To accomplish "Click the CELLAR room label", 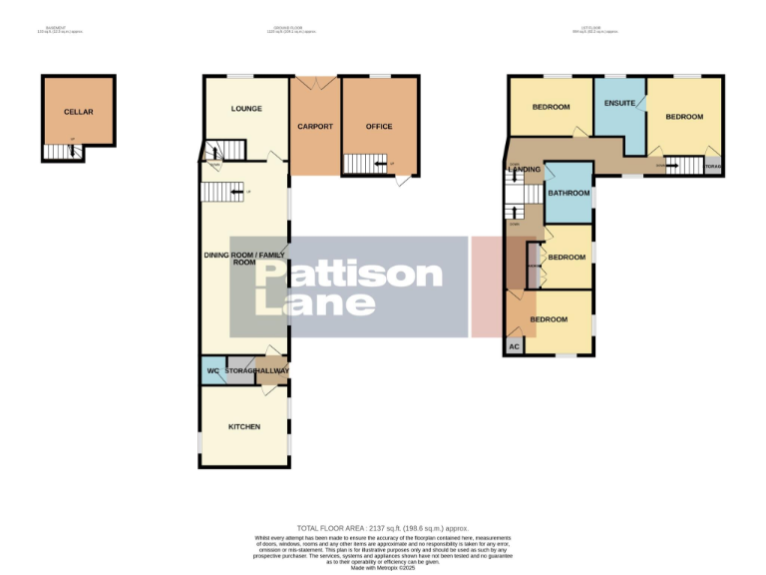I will (78, 113).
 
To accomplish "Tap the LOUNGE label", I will (245, 108).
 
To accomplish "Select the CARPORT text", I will (315, 127).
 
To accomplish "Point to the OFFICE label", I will (379, 127).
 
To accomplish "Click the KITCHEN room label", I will (244, 427).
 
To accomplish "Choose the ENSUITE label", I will (620, 103).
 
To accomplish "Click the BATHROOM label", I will (570, 193).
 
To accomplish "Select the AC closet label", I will (515, 346).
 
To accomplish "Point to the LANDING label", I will (525, 170).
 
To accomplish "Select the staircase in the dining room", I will (222, 190).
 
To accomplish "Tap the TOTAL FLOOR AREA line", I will (383, 528).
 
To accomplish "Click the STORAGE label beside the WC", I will (240, 371).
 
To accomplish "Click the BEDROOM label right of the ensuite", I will (684, 117).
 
